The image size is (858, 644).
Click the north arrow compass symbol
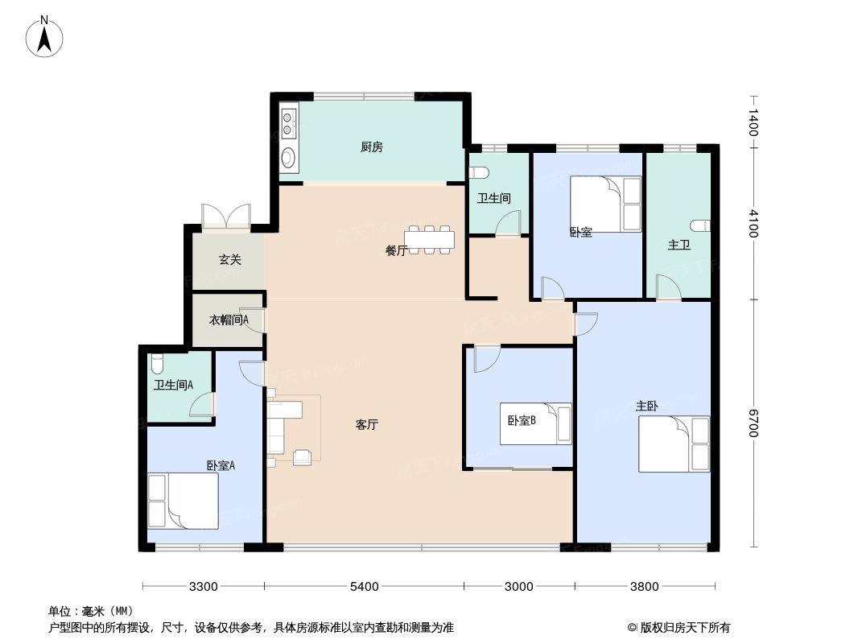[45, 36]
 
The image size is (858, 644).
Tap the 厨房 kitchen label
[371, 147]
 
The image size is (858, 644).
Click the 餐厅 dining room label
[395, 250]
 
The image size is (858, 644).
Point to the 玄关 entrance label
[230, 260]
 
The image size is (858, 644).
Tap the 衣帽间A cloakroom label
[229, 320]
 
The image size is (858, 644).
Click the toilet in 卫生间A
[157, 362]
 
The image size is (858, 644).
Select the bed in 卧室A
[183, 501]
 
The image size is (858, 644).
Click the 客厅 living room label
[367, 424]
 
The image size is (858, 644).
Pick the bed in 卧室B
[535, 423]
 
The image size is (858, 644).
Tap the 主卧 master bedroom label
[646, 406]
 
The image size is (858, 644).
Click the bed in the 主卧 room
[674, 444]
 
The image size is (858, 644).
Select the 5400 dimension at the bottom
[364, 586]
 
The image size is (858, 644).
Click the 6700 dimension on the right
[753, 423]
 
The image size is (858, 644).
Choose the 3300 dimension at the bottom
[204, 586]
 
